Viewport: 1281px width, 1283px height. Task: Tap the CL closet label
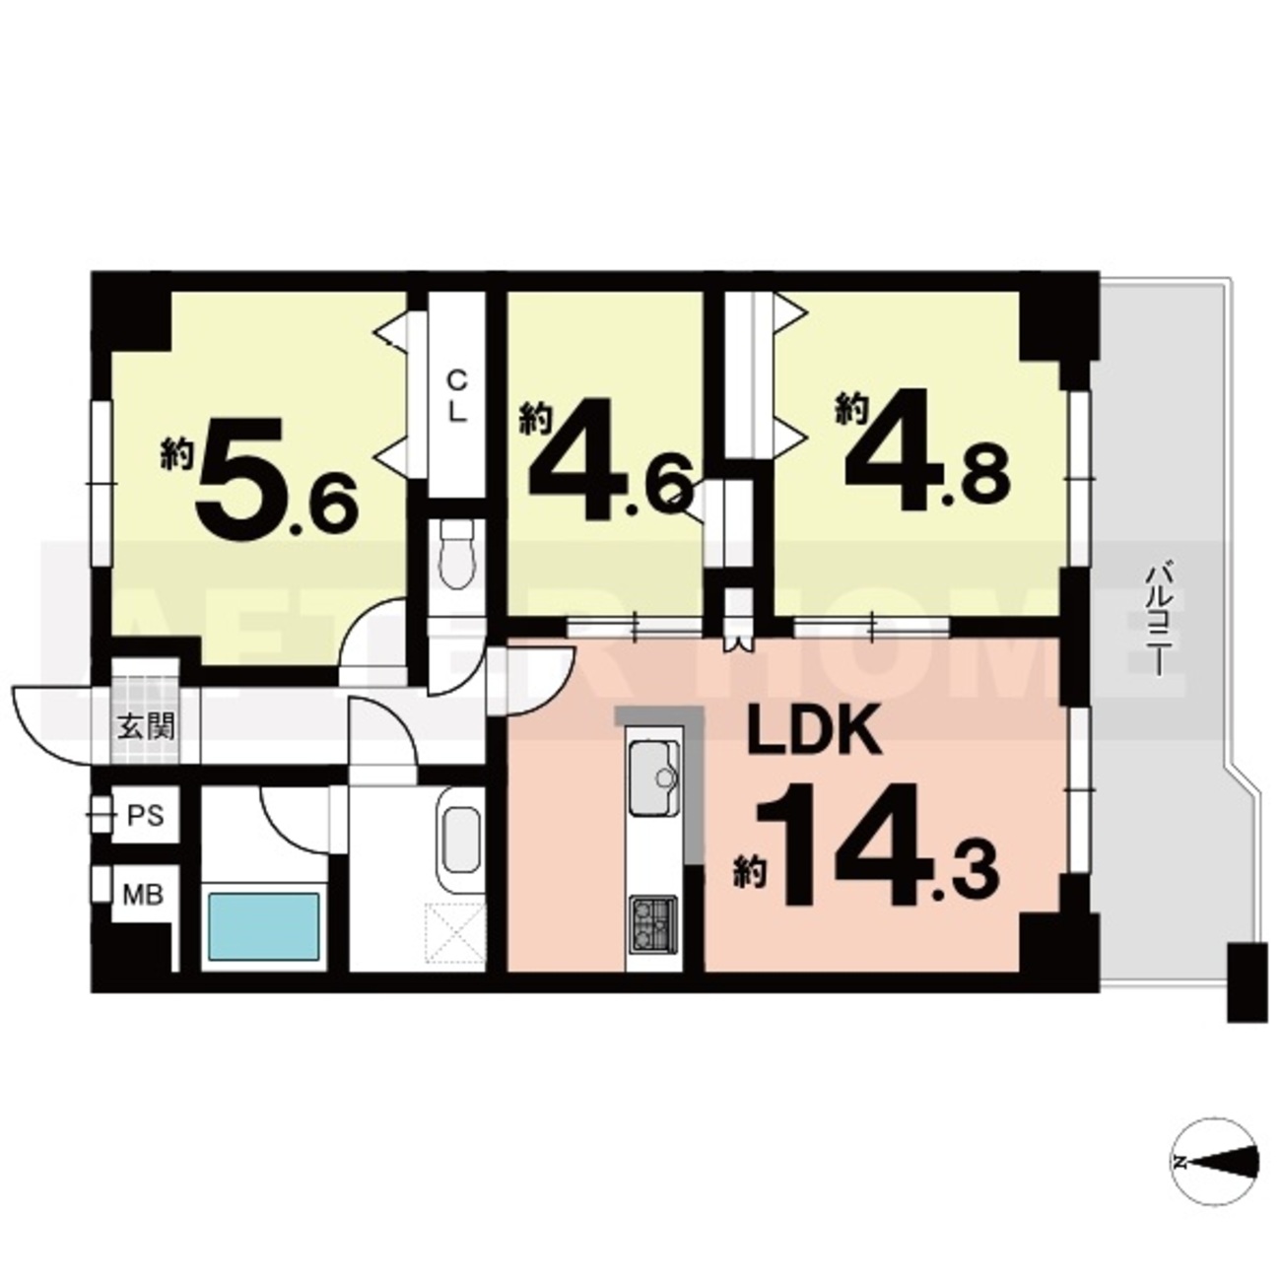tap(456, 397)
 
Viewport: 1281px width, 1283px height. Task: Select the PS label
tap(146, 816)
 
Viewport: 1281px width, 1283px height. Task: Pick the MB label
tap(143, 895)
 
